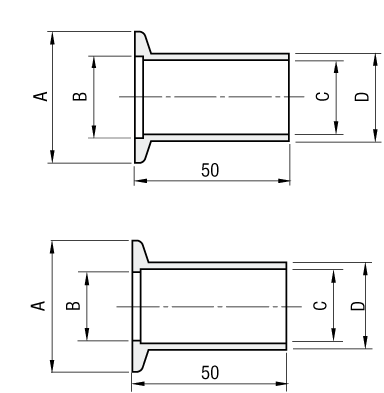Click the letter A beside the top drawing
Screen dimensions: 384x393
click(41, 96)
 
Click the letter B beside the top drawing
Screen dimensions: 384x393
click(80, 96)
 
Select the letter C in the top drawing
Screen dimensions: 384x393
click(322, 96)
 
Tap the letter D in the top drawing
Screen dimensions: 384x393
click(362, 96)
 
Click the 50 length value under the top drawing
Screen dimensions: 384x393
click(210, 170)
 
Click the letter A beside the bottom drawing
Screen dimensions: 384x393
click(38, 306)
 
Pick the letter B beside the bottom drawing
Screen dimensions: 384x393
click(73, 306)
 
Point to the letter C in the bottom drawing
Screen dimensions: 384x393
click(320, 306)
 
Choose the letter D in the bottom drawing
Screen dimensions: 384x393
click(358, 306)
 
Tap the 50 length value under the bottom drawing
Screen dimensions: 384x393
click(210, 373)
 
